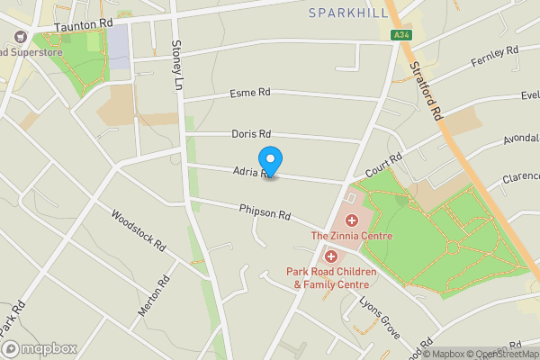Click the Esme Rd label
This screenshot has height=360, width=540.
pyautogui.click(x=250, y=93)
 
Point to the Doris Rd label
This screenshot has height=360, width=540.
pyautogui.click(x=251, y=133)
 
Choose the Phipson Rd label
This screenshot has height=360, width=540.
pyautogui.click(x=265, y=213)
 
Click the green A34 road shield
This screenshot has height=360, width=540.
pyautogui.click(x=401, y=35)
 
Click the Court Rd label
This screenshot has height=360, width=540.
pyautogui.click(x=384, y=165)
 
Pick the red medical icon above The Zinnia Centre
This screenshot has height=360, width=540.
pyautogui.click(x=352, y=220)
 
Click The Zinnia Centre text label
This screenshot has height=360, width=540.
pyautogui.click(x=352, y=236)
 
